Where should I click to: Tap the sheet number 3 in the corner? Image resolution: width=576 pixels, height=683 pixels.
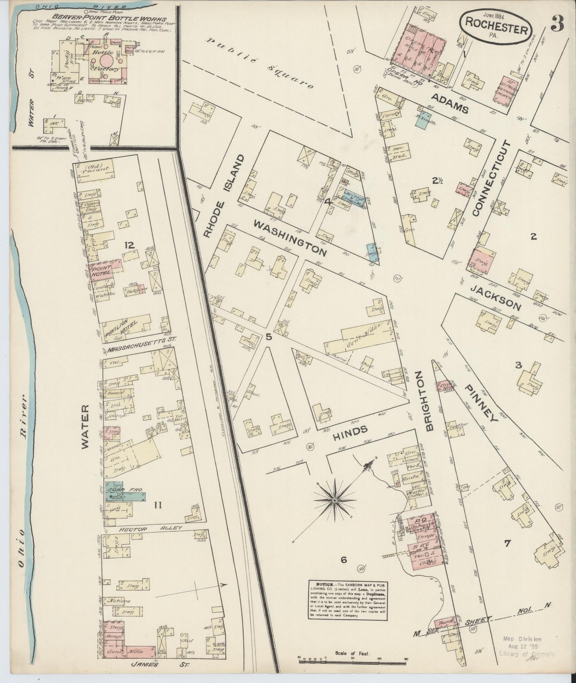(558, 25)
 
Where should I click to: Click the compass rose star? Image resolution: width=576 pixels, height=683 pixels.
(335, 500)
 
